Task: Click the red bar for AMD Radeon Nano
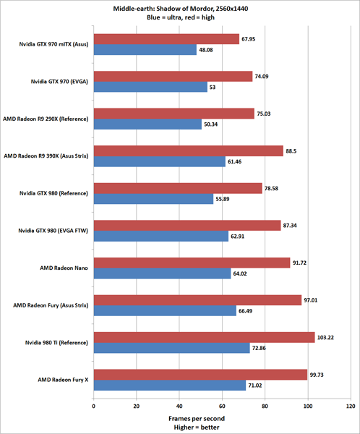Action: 192,262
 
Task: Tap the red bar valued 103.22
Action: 204,336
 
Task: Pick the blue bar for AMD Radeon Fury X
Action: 169,386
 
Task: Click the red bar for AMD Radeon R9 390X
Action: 188,150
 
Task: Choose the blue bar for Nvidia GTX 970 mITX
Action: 145,50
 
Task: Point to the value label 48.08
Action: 207,50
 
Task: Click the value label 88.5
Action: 293,150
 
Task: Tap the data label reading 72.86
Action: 261,349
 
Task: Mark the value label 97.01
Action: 313,299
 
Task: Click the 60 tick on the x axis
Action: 222,407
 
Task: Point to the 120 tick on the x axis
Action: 351,407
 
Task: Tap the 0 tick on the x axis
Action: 93,407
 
